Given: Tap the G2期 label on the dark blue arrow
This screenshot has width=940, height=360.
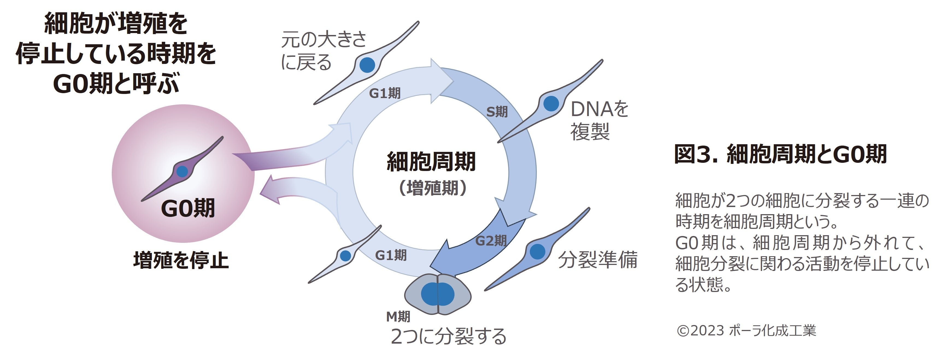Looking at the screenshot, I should coord(491,241).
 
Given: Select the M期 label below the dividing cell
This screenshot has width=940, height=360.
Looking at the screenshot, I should coord(398,316).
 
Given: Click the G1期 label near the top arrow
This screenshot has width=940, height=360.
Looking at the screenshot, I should coord(385,93).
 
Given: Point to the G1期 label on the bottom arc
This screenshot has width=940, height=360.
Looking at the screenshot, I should coord(391,255).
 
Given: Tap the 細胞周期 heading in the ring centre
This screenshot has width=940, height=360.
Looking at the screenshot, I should coord(431,162).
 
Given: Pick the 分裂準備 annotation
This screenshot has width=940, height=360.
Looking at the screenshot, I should coord(598,260).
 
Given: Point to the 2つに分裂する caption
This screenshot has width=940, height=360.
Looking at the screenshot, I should coord(448,336).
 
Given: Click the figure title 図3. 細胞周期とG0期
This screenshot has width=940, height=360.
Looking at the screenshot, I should coord(780,154).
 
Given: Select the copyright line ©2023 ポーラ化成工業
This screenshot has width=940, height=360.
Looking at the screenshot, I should coord(746,331).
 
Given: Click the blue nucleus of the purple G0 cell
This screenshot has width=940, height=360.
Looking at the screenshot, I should coord(182,171).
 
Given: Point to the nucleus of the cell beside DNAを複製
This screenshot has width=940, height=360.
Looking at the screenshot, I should coord(551,103).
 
